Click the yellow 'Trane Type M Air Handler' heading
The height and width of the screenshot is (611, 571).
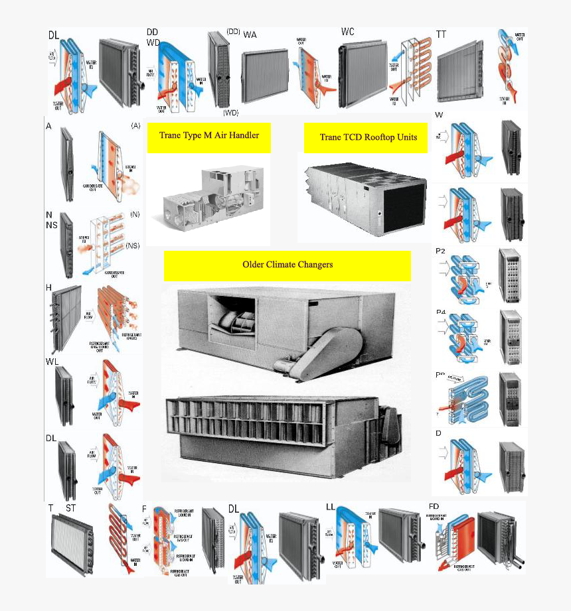coord(208,136)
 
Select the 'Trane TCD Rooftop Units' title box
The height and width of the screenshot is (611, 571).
coord(368,137)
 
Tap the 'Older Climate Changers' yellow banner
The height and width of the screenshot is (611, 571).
coord(287,265)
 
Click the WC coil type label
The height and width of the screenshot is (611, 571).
coord(348,32)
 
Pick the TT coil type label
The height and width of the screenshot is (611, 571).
coord(442,34)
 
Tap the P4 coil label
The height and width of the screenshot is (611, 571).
coord(441,312)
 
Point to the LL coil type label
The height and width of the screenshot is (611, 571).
coord(331,507)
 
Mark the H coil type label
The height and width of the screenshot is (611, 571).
coord(48,287)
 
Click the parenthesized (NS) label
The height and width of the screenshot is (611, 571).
coord(132,246)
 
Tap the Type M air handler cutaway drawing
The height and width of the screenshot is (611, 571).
coord(208,196)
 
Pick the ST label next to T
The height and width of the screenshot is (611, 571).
coord(70,508)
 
